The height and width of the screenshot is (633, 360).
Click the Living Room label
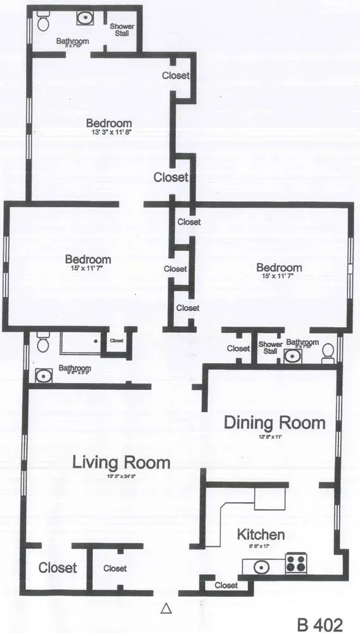tap(121, 462)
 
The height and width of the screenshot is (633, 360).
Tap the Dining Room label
tap(275, 422)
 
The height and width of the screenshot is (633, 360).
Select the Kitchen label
tap(260, 535)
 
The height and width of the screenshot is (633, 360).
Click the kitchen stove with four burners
tap(295, 563)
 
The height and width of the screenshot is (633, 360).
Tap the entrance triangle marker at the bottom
tap(166, 608)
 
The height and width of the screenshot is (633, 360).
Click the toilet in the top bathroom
tap(42, 23)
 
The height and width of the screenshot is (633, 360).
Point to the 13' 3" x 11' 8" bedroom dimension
tap(109, 132)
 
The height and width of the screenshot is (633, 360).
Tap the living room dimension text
tap(121, 476)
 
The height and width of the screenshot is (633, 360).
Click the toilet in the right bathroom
tap(328, 352)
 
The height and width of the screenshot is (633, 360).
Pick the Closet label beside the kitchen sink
tap(227, 586)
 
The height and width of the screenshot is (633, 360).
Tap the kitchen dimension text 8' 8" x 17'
tap(260, 546)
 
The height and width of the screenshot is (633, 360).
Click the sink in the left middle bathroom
tap(44, 376)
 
